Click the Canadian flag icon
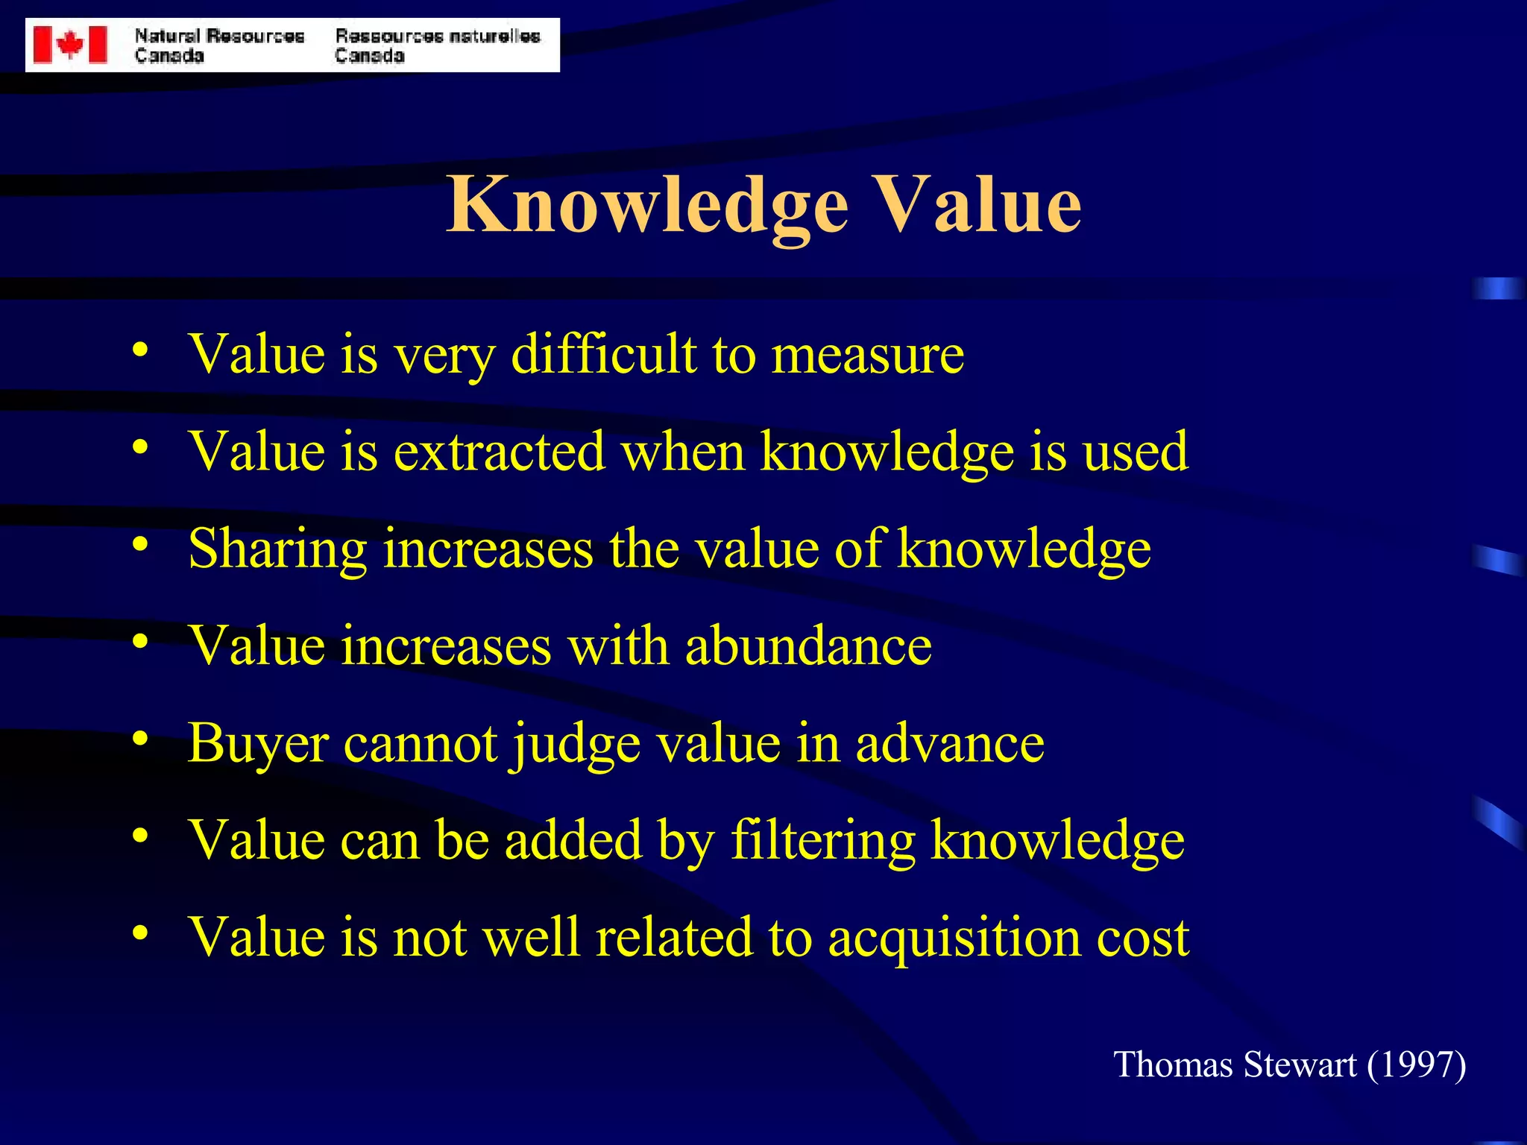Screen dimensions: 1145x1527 pyautogui.click(x=70, y=45)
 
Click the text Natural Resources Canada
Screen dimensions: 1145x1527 pyautogui.click(x=219, y=45)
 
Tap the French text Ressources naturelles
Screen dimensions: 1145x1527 pyautogui.click(x=437, y=37)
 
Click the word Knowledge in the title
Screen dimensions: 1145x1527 pyautogui.click(x=647, y=205)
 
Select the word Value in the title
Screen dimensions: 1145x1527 pyautogui.click(x=977, y=204)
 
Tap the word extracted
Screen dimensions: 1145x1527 pyautogui.click(x=499, y=451)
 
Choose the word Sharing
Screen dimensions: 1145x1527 pyautogui.click(x=277, y=549)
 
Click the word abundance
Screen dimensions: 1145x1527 pyautogui.click(x=807, y=646)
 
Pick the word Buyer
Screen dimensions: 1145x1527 pyautogui.click(x=258, y=743)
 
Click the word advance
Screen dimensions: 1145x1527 pyautogui.click(x=949, y=743)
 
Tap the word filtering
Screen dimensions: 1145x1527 pyautogui.click(x=822, y=841)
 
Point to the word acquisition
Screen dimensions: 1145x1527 pyautogui.click(x=954, y=938)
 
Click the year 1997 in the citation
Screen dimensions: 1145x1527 pyautogui.click(x=1417, y=1064)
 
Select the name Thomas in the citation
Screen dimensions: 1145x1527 pyautogui.click(x=1172, y=1064)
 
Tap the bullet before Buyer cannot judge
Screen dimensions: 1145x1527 pyautogui.click(x=139, y=739)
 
